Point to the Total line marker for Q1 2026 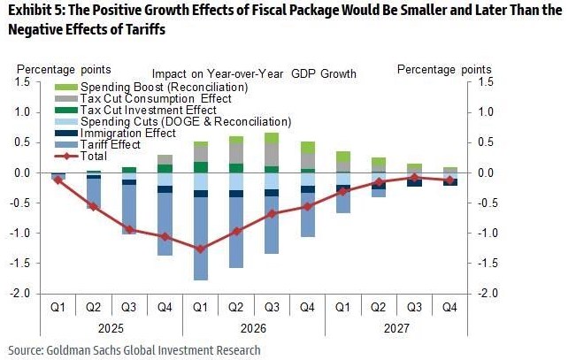pyautogui.click(x=201, y=249)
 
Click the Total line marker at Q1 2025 pyautogui.click(x=58, y=180)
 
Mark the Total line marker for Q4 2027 pyautogui.click(x=450, y=180)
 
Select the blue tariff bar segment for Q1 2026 pyautogui.click(x=201, y=239)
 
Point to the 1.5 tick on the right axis pyautogui.click(x=485, y=82)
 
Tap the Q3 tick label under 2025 pyautogui.click(x=129, y=306)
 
